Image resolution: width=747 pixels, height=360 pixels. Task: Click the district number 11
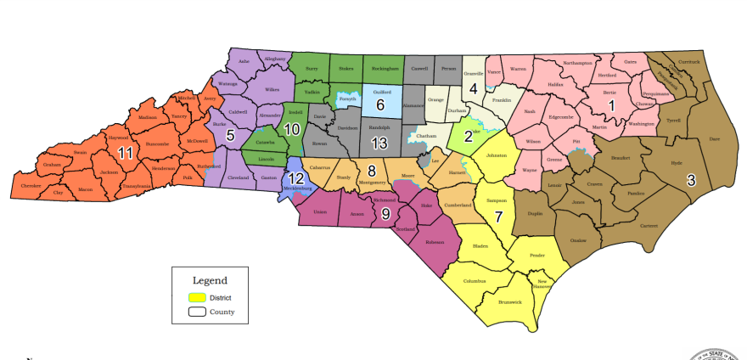[126, 154]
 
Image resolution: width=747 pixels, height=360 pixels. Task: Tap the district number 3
[691, 180]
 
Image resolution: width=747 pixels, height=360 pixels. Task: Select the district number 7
[499, 216]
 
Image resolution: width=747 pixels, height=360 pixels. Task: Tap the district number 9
[385, 213]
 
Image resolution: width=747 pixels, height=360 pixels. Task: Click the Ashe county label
[244, 61]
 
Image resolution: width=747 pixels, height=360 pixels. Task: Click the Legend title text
[210, 279]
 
